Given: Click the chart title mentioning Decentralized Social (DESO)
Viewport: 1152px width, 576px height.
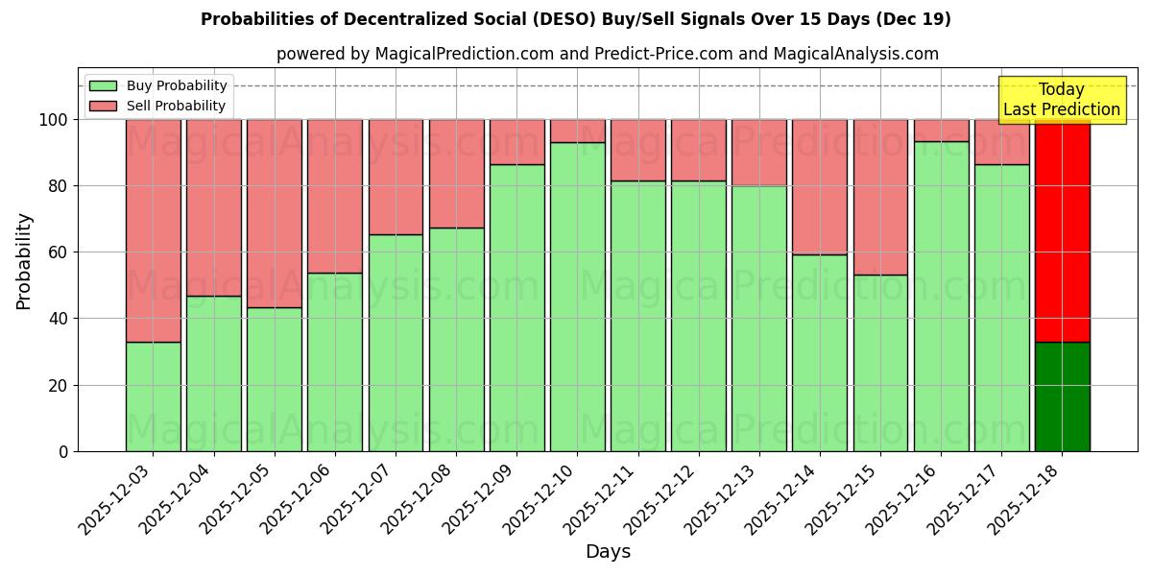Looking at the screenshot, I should tap(576, 19).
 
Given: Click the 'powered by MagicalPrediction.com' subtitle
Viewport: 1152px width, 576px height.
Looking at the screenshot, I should tap(607, 54).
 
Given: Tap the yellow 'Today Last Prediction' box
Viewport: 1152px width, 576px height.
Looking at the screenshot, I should tap(1062, 100).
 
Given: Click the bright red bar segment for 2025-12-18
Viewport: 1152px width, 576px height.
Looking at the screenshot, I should tap(1063, 230).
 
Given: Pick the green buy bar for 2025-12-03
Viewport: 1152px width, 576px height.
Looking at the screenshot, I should tap(153, 396).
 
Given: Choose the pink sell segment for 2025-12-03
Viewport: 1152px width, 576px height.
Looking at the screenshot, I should tap(153, 230).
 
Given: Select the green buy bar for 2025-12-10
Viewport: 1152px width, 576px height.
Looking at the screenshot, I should tap(578, 298).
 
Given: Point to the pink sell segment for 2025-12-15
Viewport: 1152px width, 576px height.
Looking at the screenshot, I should tap(880, 197).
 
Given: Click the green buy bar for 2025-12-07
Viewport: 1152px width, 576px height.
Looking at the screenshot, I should tap(396, 343).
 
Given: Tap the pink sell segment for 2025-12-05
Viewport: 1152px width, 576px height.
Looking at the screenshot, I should tap(275, 213).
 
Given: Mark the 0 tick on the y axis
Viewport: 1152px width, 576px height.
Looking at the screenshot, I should tap(63, 451).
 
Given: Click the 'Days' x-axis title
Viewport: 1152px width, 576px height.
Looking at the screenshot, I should tap(608, 552).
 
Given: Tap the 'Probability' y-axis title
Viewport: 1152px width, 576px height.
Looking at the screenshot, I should tap(24, 260).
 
